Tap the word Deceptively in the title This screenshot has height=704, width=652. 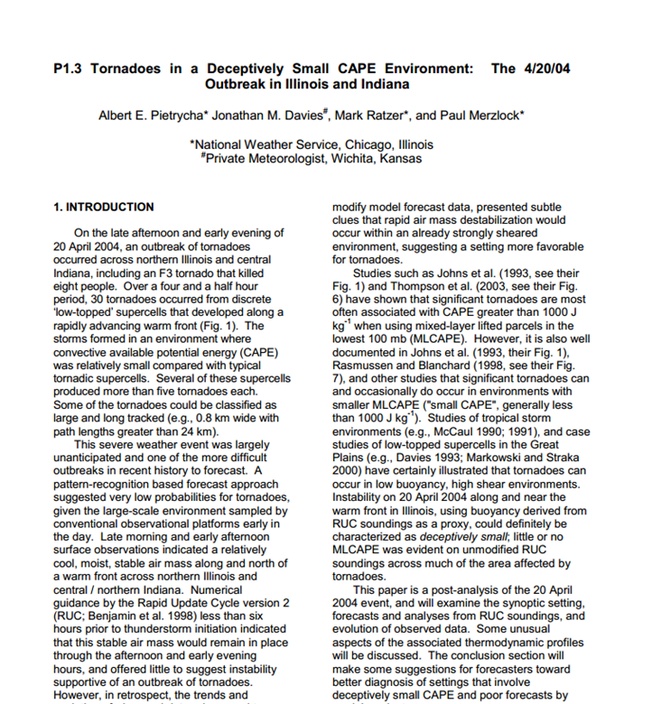tap(247, 69)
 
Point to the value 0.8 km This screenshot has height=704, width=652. tap(200, 419)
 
